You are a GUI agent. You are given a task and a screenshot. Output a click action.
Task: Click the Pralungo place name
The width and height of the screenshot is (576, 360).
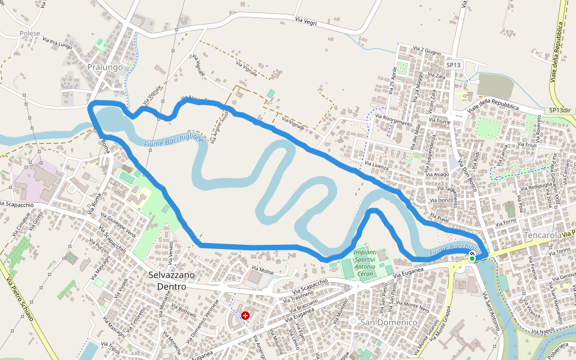104,67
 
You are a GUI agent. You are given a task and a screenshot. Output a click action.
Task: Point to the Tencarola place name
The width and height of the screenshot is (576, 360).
543,235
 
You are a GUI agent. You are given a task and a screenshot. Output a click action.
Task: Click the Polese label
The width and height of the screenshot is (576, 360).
30,34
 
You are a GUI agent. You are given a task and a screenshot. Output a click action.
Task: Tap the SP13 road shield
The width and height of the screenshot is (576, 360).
453,65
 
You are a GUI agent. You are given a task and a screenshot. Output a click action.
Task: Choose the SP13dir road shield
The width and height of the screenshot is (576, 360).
559,111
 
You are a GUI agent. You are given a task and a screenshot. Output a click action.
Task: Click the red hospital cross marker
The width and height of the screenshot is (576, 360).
245,316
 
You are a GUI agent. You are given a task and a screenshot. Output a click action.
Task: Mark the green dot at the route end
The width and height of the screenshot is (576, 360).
472,259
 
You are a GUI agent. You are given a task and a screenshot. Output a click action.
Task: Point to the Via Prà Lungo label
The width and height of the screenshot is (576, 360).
57,43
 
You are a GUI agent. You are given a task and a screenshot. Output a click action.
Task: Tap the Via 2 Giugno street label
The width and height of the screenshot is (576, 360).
427,51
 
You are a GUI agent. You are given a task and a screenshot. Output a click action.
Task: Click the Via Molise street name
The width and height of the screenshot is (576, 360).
263,271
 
